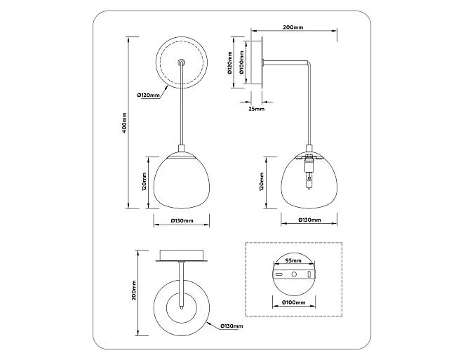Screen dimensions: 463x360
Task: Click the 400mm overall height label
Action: tap(125, 123)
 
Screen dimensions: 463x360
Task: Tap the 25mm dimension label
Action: tap(256, 109)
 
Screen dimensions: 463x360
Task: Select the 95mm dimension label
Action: tap(293, 260)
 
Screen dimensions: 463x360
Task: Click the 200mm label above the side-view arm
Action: tap(293, 27)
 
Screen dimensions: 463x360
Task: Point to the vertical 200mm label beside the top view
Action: tap(134, 291)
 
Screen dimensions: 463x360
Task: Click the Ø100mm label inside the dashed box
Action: tap(293, 302)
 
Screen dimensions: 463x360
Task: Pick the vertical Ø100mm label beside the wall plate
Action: tap(241, 62)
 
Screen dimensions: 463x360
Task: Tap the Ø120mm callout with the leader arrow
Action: tap(149, 95)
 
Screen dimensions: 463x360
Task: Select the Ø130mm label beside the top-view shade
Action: tap(231, 326)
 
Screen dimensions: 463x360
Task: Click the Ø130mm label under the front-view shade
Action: tap(182, 220)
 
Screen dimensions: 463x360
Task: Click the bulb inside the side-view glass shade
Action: tap(309, 181)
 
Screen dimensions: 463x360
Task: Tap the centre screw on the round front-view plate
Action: tap(182, 62)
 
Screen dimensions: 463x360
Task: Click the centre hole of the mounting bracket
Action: tap(294, 274)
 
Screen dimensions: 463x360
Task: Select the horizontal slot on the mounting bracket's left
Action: tap(279, 274)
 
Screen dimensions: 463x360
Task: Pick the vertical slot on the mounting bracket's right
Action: tap(309, 274)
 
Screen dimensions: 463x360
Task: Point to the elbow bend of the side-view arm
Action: tap(309, 62)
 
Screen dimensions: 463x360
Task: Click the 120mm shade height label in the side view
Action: tap(262, 182)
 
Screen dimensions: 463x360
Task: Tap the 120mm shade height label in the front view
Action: tap(144, 182)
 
